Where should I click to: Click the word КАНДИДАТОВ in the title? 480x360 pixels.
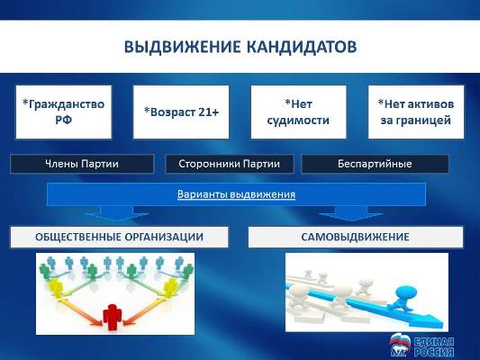[x=302, y=47]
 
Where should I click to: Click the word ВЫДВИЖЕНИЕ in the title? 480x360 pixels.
[x=182, y=47]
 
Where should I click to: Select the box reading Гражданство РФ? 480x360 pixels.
[x=64, y=112]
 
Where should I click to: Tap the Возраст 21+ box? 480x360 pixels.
[x=181, y=112]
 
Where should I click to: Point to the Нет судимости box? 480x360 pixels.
[x=298, y=112]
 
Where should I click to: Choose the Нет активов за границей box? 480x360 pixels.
[x=416, y=112]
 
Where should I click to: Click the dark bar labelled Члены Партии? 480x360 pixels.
[x=82, y=164]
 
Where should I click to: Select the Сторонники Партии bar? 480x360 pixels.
[x=230, y=164]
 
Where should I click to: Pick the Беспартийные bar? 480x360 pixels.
[x=375, y=164]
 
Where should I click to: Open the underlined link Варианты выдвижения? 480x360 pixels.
[x=236, y=194]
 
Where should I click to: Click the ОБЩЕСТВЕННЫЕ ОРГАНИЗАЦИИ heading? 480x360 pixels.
[x=120, y=237]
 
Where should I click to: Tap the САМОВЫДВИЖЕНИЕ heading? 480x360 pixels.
[x=356, y=237]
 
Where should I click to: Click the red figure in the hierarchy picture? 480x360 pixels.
[x=113, y=317]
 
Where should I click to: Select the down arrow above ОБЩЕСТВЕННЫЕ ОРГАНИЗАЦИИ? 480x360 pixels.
[x=117, y=213]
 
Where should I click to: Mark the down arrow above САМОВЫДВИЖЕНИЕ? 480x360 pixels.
[x=351, y=213]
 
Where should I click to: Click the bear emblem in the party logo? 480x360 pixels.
[x=401, y=346]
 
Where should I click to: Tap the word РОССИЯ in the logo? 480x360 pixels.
[x=434, y=352]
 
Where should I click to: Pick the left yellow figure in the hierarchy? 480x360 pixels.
[x=57, y=287]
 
